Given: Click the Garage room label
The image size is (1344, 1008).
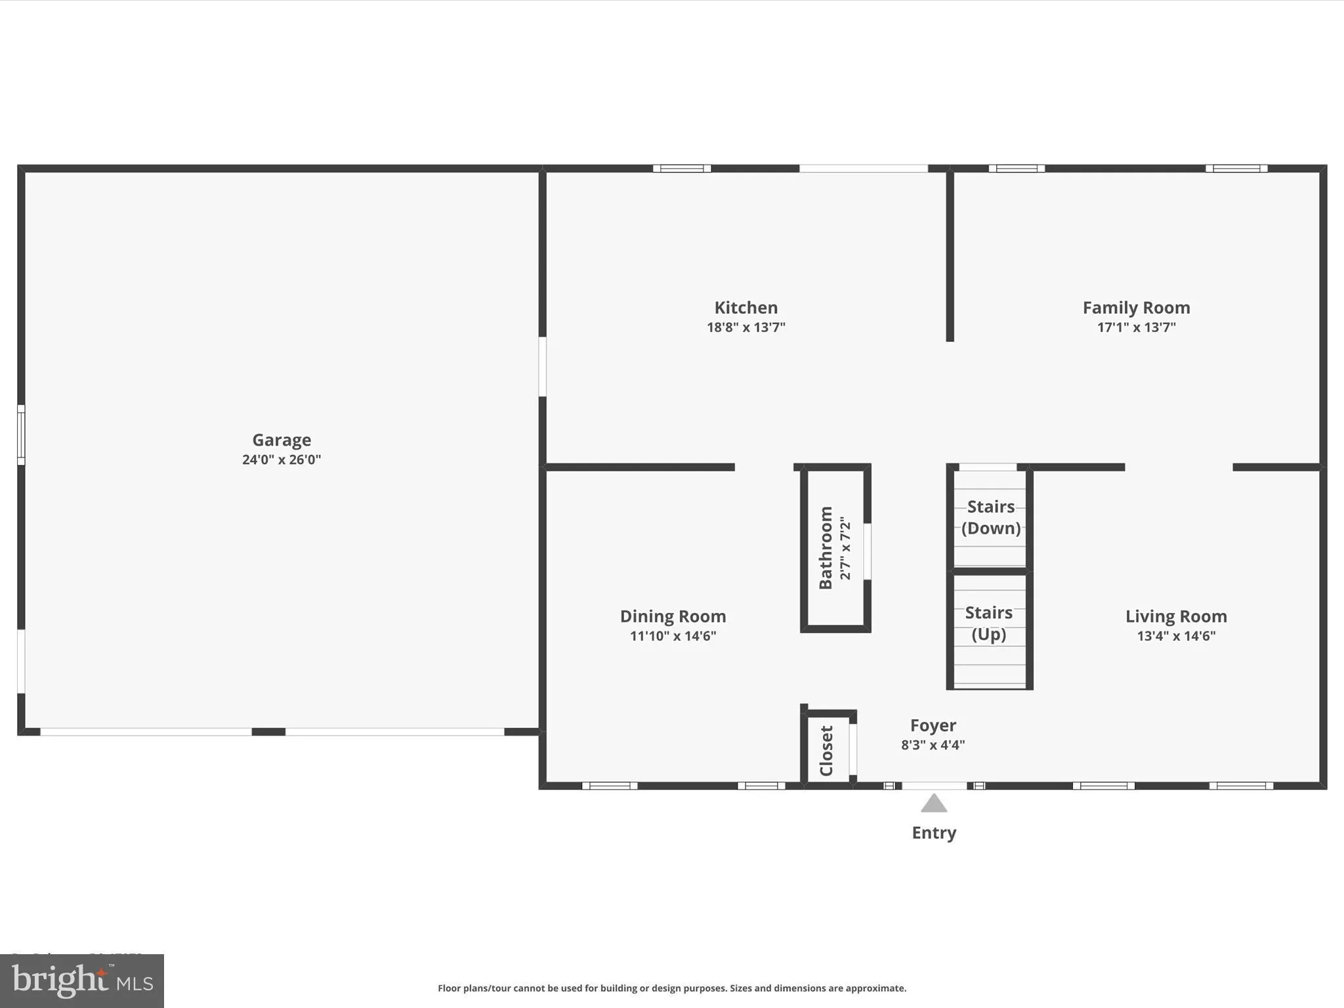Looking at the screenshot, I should (x=282, y=440).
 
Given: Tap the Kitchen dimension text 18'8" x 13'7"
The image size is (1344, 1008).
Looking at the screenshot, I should (x=745, y=327).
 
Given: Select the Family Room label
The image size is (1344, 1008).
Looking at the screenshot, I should (x=1136, y=307).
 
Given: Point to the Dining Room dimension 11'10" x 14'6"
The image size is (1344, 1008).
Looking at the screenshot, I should (x=673, y=635).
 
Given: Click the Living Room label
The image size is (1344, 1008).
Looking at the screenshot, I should (x=1176, y=616).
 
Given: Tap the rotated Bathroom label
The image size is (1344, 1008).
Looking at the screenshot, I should (x=826, y=547).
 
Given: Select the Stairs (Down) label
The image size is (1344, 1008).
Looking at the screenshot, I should (x=990, y=517).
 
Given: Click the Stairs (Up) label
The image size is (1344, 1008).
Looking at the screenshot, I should (x=988, y=623).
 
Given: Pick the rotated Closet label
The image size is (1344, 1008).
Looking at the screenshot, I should (x=826, y=750).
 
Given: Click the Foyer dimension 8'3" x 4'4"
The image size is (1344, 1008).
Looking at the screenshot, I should (x=933, y=745).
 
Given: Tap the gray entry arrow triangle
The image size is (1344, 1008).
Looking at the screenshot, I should (x=933, y=804).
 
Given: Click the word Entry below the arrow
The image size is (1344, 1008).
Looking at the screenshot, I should (x=933, y=833).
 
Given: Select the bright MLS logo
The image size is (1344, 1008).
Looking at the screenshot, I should (x=82, y=980).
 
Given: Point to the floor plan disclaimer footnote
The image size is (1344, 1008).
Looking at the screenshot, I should (x=672, y=988).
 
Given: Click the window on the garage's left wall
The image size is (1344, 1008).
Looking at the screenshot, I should (x=21, y=435).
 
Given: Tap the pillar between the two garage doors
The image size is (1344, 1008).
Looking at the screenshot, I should (x=268, y=732).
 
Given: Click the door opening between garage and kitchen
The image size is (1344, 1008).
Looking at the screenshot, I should (x=543, y=366).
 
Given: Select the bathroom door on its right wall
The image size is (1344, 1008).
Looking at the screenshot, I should (x=867, y=551).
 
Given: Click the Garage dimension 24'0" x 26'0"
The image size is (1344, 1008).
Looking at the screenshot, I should (x=282, y=459).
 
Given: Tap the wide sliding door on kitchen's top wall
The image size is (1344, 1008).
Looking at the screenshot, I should (x=863, y=169).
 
